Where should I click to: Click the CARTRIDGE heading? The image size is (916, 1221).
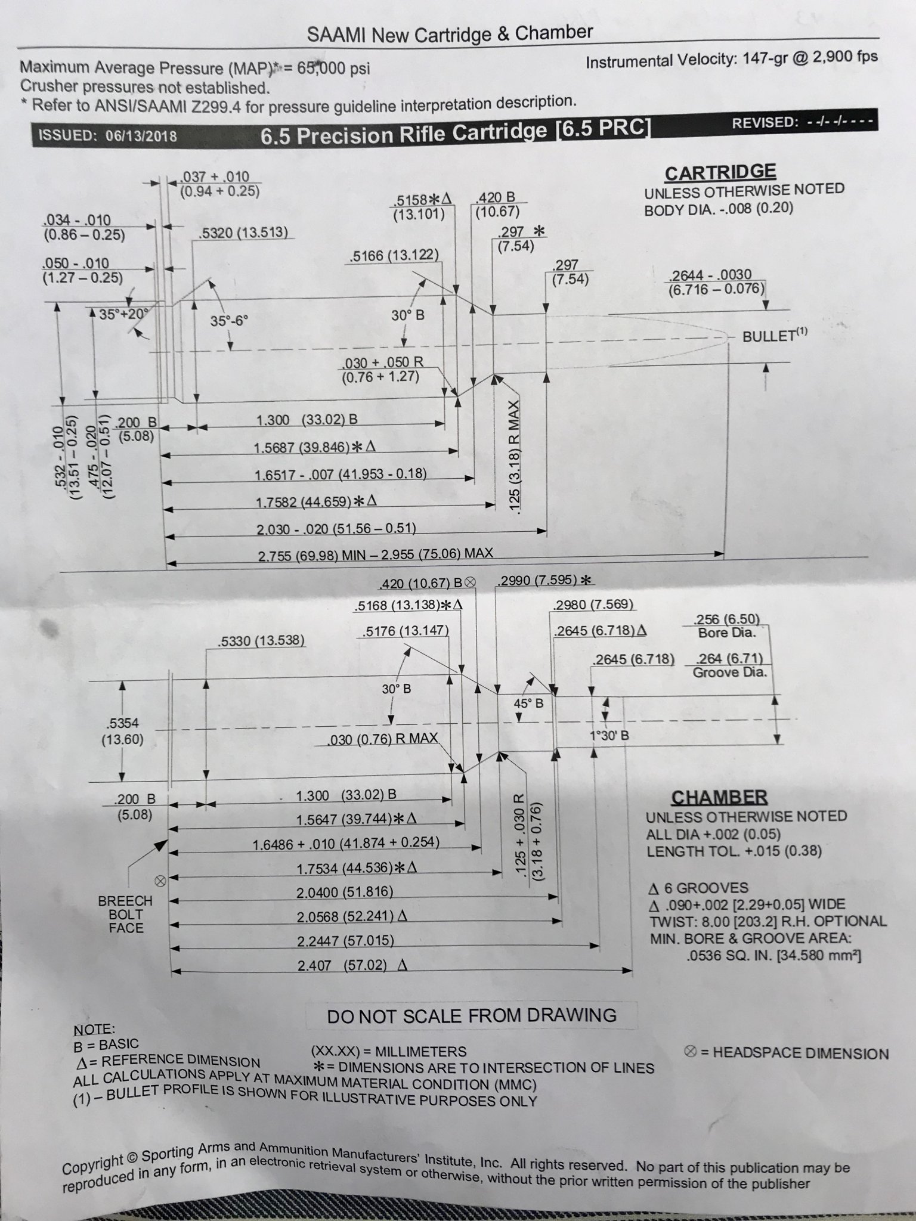720,172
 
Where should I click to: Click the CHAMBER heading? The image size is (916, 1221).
719,797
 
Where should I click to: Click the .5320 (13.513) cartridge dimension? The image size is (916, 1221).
243,233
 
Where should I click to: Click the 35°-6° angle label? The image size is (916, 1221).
229,321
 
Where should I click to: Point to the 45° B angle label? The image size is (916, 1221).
528,704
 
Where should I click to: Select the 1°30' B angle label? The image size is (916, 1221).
609,736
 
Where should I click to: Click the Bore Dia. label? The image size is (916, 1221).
726,633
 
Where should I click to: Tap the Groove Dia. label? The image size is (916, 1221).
729,673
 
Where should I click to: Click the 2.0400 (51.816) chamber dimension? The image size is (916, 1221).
345,892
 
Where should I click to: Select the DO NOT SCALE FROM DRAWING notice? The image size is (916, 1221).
471,1015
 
